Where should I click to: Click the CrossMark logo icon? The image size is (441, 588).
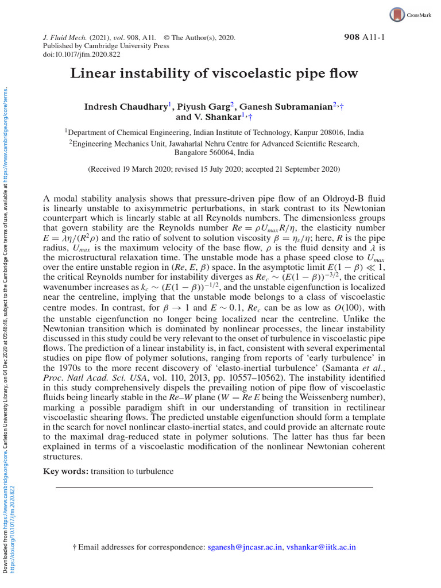(x=397, y=14)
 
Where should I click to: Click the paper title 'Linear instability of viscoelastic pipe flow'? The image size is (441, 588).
(x=214, y=74)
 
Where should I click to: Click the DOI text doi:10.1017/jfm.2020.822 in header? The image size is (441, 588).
(x=78, y=55)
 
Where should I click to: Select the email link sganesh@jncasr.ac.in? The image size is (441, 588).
(x=245, y=547)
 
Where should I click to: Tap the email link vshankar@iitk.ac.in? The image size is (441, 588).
(x=321, y=547)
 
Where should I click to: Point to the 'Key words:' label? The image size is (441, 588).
(x=65, y=471)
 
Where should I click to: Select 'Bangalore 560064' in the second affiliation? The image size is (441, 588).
(x=200, y=153)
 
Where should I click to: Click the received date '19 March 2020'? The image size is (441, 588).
(x=148, y=169)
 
